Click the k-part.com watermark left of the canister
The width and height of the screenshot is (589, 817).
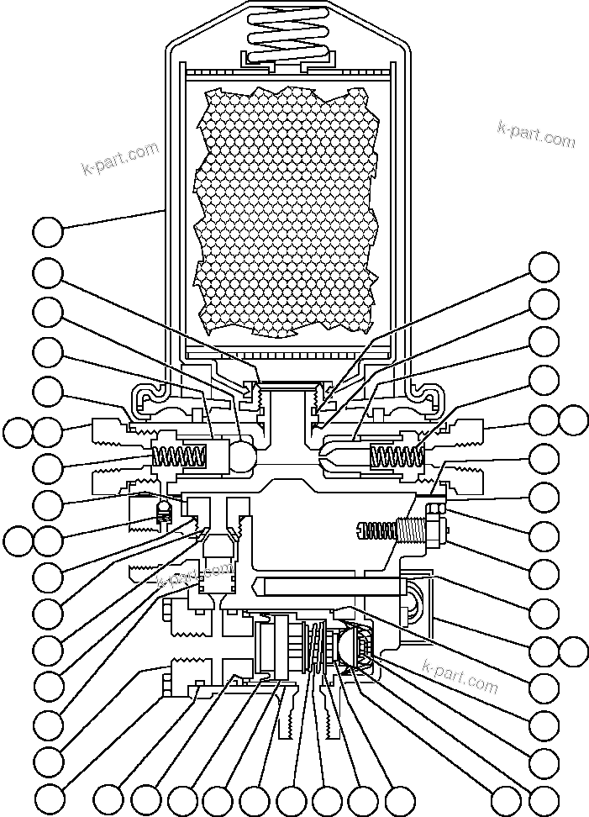pyautogui.click(x=120, y=158)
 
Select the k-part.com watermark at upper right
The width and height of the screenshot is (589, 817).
pyautogui.click(x=536, y=134)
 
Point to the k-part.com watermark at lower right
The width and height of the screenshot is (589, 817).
pyautogui.click(x=460, y=676)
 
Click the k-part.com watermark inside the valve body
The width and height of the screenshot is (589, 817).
pyautogui.click(x=195, y=576)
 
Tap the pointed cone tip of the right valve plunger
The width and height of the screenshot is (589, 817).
pyautogui.click(x=323, y=455)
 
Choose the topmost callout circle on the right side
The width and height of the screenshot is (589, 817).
pyautogui.click(x=544, y=267)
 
